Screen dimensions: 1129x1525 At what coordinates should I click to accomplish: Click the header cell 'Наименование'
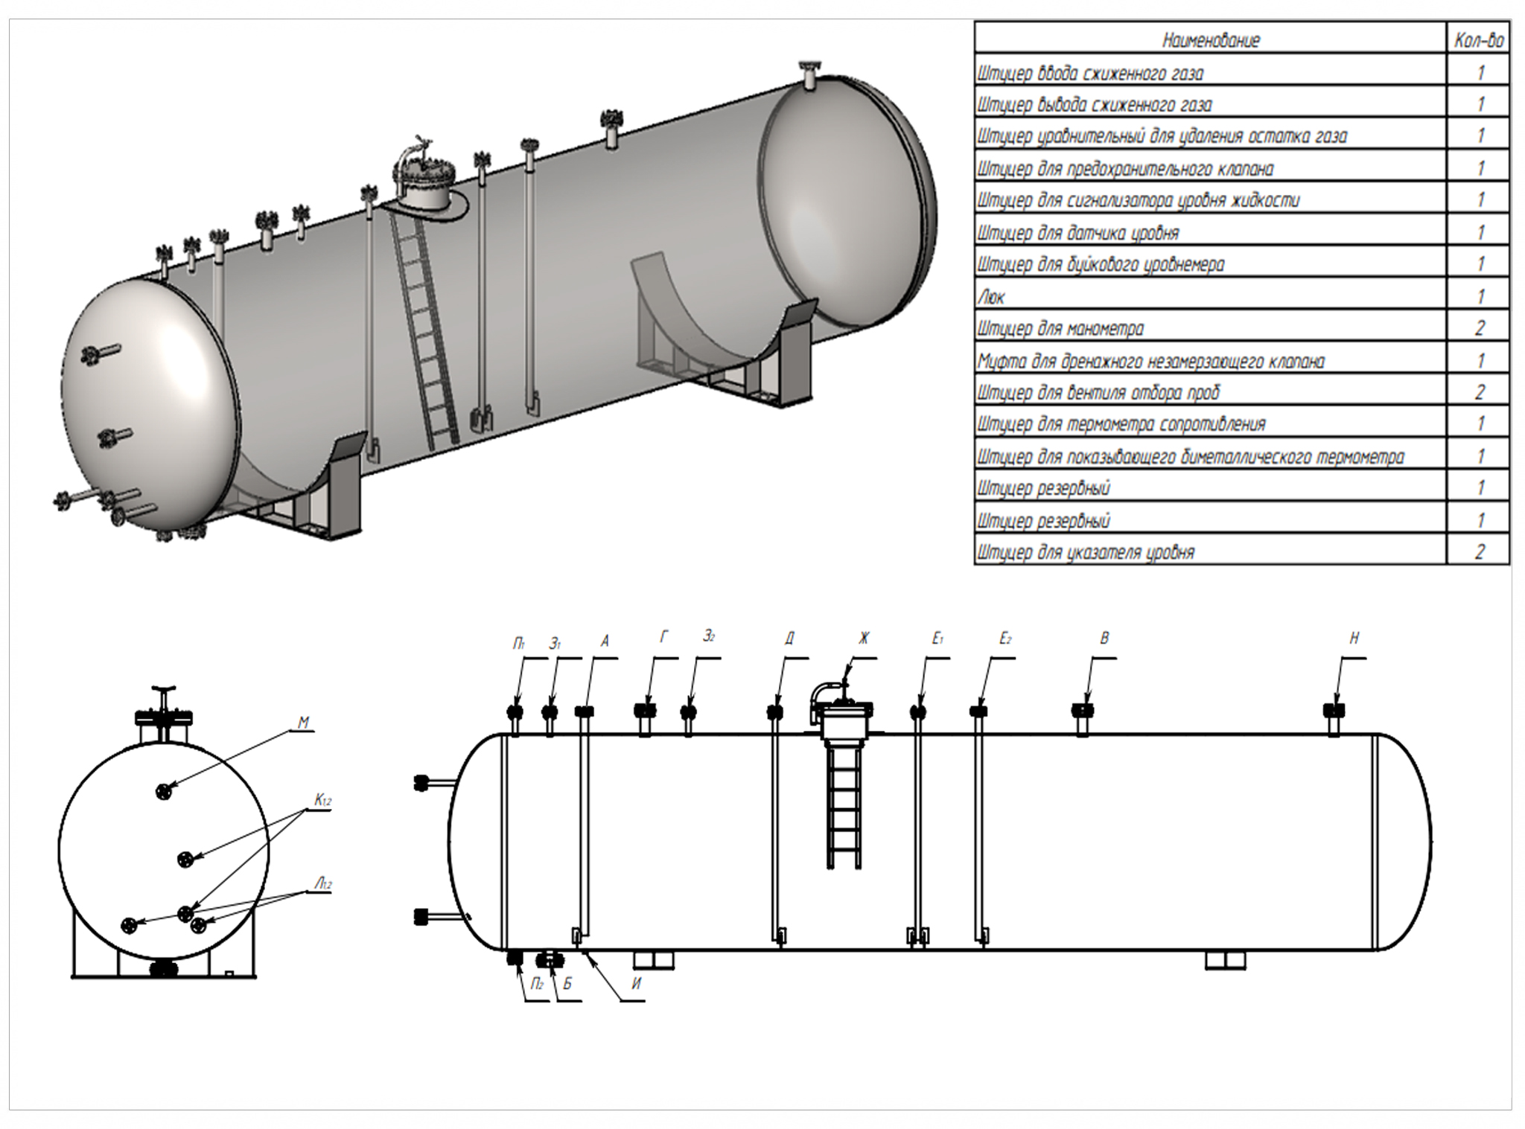pos(1211,40)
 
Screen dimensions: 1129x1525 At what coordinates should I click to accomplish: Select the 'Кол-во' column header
pos(1479,40)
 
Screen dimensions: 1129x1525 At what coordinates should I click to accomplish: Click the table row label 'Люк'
pos(991,297)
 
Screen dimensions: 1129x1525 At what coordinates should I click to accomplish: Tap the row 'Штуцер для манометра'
pos(1060,329)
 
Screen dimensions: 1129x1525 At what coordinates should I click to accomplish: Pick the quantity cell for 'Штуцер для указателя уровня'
pos(1479,552)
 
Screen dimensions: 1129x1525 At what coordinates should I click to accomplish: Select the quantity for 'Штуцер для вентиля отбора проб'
pos(1479,392)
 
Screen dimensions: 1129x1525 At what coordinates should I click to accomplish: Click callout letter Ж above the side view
pos(863,639)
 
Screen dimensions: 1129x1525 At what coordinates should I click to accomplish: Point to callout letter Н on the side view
pos(1354,639)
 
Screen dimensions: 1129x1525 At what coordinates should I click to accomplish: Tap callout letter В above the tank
pos(1104,639)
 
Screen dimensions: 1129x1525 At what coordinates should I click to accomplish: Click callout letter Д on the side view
pos(789,639)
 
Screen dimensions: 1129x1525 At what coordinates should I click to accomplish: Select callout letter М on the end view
pos(303,723)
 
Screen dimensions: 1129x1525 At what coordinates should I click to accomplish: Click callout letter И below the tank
pos(636,984)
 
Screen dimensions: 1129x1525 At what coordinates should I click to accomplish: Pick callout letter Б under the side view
pos(567,984)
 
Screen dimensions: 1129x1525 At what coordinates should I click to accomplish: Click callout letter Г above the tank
pos(664,637)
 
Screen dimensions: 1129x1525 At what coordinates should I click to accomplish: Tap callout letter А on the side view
pos(605,640)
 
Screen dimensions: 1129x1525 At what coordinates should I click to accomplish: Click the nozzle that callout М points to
pos(164,791)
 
